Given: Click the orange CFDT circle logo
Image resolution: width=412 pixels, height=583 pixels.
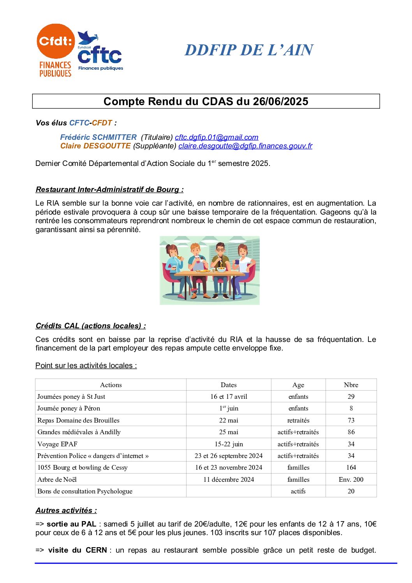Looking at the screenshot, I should pos(56,41).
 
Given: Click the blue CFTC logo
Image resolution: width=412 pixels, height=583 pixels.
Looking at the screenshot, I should pos(100,53).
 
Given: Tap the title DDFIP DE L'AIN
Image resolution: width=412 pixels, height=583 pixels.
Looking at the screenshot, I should pos(249,50).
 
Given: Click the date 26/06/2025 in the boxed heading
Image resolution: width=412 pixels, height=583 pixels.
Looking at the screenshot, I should pos(280,102).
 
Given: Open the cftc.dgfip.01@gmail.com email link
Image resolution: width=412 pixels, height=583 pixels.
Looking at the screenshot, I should pos(217,137).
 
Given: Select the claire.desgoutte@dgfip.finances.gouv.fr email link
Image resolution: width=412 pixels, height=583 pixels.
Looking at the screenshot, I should pos(245,146).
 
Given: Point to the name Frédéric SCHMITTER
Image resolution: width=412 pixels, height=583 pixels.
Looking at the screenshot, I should pos(98,137).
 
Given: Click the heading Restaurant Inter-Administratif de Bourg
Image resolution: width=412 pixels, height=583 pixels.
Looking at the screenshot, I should pos(109,190).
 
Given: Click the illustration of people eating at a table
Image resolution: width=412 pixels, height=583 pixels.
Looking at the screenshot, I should pos(210,270).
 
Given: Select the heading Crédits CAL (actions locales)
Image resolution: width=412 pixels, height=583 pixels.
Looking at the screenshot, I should pos(91,326).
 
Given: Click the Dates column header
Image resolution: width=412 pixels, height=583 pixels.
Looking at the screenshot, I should pos(229,385).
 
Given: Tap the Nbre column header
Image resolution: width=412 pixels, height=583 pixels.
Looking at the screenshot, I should pos(351,385).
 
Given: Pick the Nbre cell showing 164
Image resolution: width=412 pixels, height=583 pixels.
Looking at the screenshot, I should pos(351,467).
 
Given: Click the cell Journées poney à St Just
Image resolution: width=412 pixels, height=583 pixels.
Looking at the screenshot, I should pos(71,396).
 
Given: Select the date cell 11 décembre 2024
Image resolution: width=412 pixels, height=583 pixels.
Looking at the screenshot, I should pos(229,479).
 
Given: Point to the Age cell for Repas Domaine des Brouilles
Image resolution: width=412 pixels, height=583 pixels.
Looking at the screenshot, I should pos(298,420).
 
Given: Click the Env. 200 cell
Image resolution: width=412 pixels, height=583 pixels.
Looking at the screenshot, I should pos(351,479).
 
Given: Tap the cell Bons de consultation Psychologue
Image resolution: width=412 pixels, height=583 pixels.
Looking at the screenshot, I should pos(85,491).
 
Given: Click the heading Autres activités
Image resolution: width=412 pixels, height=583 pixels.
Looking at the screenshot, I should pos(66,511).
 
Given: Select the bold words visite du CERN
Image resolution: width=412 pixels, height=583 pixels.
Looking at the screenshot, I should pos(77,550).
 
